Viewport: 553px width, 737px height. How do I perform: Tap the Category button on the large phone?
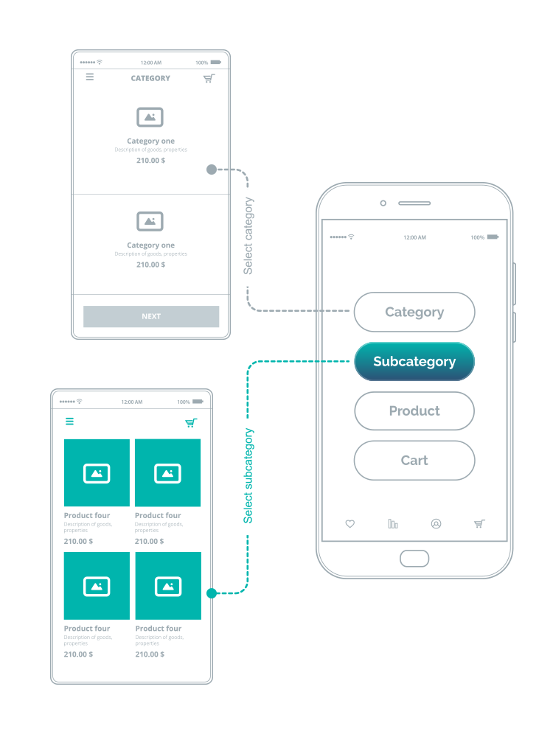click(414, 312)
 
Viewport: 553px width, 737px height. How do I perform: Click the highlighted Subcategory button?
click(414, 362)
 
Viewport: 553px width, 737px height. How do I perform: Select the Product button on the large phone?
click(414, 411)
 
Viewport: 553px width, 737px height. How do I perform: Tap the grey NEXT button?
click(151, 316)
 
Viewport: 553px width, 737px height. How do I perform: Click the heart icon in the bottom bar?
click(350, 524)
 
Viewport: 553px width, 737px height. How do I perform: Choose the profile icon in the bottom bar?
click(436, 524)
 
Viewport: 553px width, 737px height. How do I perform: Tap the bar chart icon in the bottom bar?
click(393, 524)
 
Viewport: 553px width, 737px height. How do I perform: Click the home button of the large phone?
click(414, 558)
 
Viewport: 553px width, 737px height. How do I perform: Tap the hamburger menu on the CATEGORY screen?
click(90, 77)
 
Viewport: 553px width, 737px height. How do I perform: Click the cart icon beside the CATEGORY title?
click(209, 78)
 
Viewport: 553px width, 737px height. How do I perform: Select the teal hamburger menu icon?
click(70, 422)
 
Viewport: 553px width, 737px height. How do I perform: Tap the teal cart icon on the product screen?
click(191, 422)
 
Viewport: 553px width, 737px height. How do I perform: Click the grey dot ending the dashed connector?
click(212, 170)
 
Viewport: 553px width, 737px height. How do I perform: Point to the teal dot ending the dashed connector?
click(212, 593)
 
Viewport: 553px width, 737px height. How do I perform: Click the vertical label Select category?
click(248, 236)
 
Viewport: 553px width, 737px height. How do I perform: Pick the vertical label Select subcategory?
click(248, 475)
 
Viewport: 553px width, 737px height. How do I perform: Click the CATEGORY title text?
click(150, 78)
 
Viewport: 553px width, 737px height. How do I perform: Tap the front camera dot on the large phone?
click(383, 203)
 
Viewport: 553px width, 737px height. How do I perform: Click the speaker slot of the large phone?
click(414, 203)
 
